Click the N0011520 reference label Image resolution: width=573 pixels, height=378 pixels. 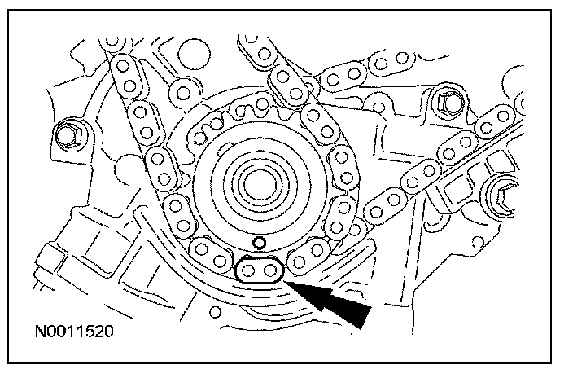pos(73,332)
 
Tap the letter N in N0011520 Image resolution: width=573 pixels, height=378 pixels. pos(40,332)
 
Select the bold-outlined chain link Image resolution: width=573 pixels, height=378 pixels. pos(260,270)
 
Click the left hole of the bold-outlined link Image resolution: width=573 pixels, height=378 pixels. pos(251,270)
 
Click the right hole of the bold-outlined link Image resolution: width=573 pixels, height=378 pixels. pos(269,270)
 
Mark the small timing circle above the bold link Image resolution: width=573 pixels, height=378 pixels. pos(260,242)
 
